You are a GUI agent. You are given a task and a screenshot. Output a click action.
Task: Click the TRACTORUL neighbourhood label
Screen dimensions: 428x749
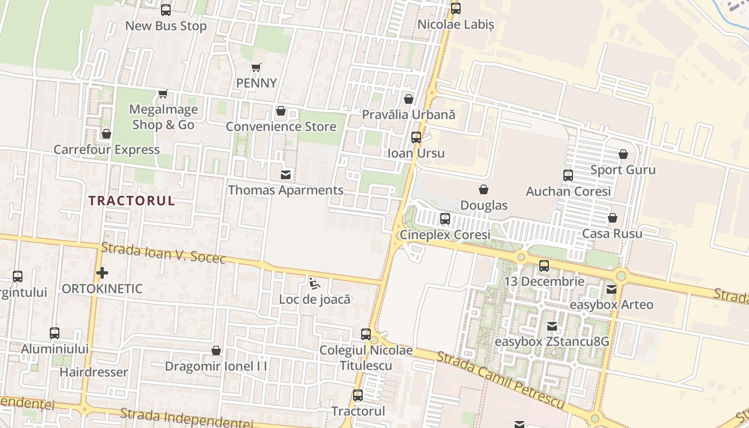click(132, 201)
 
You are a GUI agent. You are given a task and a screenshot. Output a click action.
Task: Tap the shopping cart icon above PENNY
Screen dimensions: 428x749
click(256, 68)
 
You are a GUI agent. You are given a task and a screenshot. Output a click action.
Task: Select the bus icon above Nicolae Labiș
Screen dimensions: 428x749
click(456, 9)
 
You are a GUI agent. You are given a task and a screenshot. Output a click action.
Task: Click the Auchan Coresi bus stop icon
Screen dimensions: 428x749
click(568, 175)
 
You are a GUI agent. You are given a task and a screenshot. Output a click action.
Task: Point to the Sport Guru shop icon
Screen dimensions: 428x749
click(623, 155)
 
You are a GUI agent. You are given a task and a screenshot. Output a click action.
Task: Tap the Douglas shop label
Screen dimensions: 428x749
click(484, 205)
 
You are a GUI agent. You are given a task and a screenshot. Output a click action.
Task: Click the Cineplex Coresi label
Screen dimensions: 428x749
click(445, 235)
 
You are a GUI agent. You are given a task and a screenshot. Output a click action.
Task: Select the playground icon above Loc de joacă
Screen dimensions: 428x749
click(315, 283)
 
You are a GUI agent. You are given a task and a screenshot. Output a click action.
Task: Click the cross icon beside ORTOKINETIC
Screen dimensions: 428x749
click(102, 273)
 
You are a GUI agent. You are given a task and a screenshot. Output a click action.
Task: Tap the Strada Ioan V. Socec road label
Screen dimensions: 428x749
click(163, 253)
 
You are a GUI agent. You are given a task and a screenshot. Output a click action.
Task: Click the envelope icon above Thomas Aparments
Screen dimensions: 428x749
click(286, 174)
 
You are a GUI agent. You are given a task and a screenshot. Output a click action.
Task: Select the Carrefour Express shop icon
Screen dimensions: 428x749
click(106, 134)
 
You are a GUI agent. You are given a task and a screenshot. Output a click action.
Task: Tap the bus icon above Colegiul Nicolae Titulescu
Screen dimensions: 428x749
click(366, 334)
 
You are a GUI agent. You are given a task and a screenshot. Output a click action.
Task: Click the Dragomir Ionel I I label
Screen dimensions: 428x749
click(216, 366)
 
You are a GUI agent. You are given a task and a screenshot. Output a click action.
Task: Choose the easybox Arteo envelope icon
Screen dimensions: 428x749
click(612, 289)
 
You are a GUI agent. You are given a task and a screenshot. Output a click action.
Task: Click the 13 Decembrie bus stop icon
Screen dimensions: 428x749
click(544, 265)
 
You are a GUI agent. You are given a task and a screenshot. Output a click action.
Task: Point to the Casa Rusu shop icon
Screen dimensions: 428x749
click(613, 218)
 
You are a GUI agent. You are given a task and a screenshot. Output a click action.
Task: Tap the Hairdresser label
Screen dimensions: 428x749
click(94, 372)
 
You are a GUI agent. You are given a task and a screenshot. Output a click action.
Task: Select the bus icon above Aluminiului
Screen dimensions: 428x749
click(55, 333)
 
